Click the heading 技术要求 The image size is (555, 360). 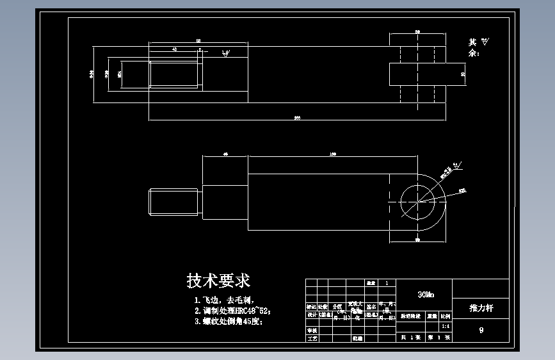218,281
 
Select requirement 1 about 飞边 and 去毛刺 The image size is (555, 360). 224,300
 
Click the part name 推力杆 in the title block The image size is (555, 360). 481,308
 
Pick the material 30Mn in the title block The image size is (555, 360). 424,295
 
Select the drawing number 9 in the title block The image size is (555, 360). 481,331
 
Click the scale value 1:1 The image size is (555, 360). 445,325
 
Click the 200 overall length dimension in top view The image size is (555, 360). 297,118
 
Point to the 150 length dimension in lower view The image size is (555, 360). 334,154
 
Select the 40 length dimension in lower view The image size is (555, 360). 225,154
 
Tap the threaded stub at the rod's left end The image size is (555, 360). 175,203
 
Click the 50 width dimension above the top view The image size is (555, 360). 417,31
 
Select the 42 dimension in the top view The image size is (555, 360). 174,49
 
